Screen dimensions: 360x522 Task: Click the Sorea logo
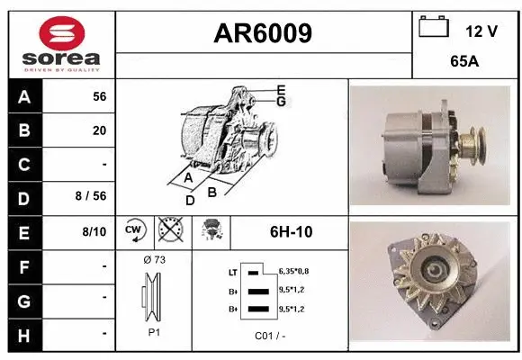coord(61,43)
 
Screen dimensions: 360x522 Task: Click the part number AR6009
coord(263,34)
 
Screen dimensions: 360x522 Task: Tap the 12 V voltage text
coord(481,31)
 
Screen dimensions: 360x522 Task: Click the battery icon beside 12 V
coord(434,27)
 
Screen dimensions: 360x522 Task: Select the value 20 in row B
coord(99,130)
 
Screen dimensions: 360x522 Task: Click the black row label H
coord(24,333)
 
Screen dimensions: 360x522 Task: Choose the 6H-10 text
coord(291,232)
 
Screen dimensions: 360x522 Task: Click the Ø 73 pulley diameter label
coord(154,260)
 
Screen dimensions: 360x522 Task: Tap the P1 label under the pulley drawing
coord(154,331)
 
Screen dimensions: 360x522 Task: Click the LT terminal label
coord(232,271)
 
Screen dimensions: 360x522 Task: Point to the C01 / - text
coord(268,335)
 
